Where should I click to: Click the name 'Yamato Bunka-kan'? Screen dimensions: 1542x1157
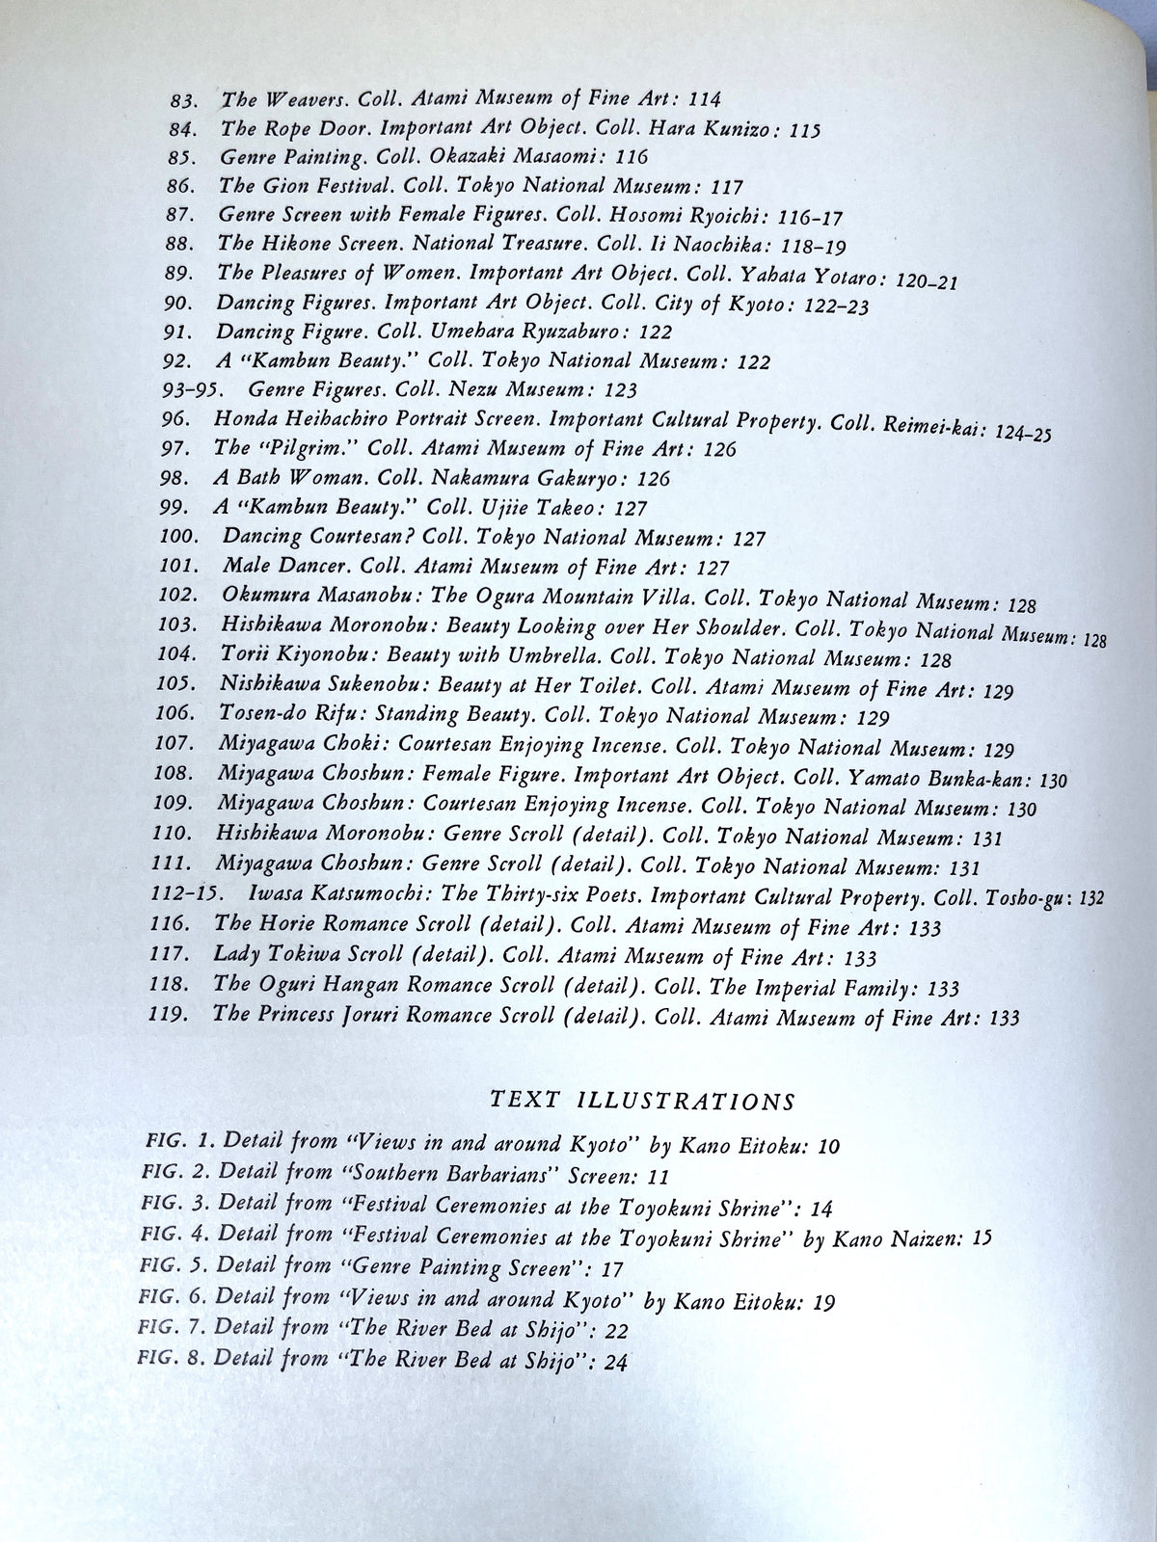click(926, 780)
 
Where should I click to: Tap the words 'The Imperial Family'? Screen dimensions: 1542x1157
click(804, 987)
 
